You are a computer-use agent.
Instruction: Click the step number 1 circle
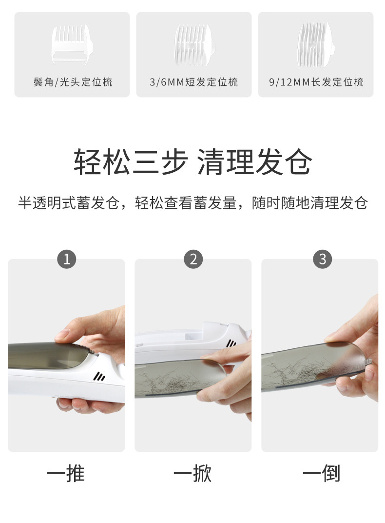pyautogui.click(x=67, y=259)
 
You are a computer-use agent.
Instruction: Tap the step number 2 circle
pyautogui.click(x=193, y=259)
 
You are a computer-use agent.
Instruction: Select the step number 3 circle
pyautogui.click(x=322, y=259)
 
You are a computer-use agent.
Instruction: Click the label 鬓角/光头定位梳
pyautogui.click(x=73, y=82)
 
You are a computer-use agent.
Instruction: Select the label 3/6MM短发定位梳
pyautogui.click(x=194, y=82)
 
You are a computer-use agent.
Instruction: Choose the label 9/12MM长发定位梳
pyautogui.click(x=316, y=82)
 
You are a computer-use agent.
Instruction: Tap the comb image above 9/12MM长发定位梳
pyautogui.click(x=316, y=45)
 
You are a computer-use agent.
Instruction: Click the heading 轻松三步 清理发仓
pyautogui.click(x=193, y=162)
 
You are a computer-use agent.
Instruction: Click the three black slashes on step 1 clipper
pyautogui.click(x=99, y=377)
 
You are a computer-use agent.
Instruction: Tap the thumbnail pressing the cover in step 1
pyautogui.click(x=62, y=335)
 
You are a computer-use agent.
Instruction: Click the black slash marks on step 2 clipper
pyautogui.click(x=231, y=343)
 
